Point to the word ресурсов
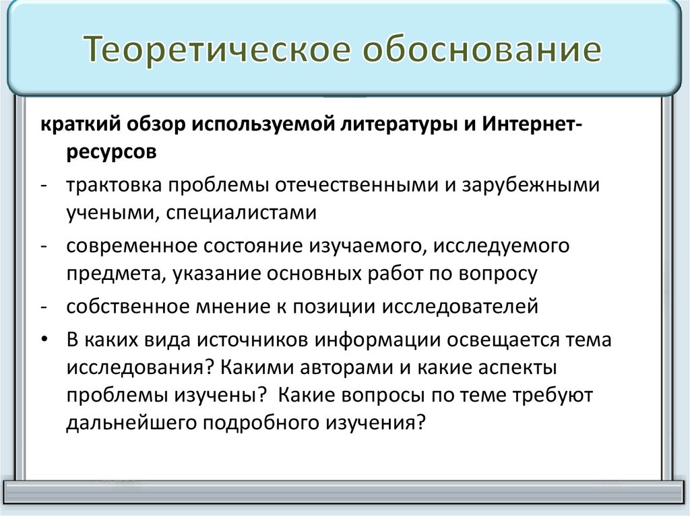pyautogui.click(x=112, y=153)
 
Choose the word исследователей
pyautogui.click(x=461, y=307)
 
